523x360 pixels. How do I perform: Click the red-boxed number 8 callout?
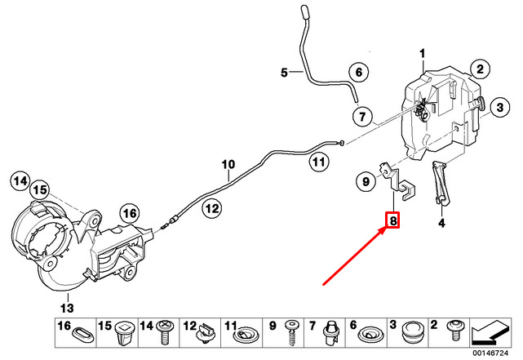pyautogui.click(x=393, y=220)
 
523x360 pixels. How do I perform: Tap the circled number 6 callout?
pyautogui.click(x=358, y=72)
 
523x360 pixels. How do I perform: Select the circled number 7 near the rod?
pyautogui.click(x=362, y=116)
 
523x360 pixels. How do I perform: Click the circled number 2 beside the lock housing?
pyautogui.click(x=480, y=69)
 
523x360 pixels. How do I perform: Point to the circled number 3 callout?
pyautogui.click(x=499, y=108)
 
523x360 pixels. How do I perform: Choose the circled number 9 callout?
pyautogui.click(x=366, y=181)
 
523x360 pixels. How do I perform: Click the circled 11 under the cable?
pyautogui.click(x=318, y=162)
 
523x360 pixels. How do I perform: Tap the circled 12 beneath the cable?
pyautogui.click(x=212, y=208)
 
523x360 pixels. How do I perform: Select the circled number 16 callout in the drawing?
pyautogui.click(x=130, y=213)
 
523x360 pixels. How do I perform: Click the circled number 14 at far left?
pyautogui.click(x=20, y=181)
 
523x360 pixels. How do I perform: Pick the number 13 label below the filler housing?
pyautogui.click(x=67, y=307)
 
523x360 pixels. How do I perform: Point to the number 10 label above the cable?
pyautogui.click(x=228, y=164)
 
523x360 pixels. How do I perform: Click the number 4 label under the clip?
pyautogui.click(x=441, y=223)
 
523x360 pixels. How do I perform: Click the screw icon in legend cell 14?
pyautogui.click(x=166, y=331)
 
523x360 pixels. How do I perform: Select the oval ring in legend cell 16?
pyautogui.click(x=82, y=334)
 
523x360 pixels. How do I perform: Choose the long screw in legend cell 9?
pyautogui.click(x=291, y=332)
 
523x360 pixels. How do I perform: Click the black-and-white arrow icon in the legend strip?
pyautogui.click(x=490, y=332)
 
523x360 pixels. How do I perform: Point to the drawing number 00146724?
pyautogui.click(x=490, y=353)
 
